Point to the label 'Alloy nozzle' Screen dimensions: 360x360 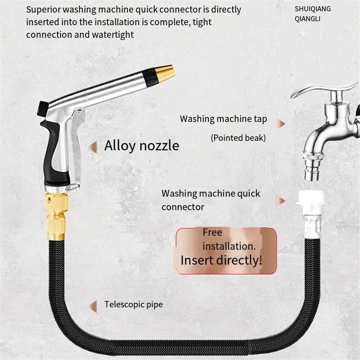click(142, 145)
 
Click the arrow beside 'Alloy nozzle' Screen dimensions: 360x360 click(93, 146)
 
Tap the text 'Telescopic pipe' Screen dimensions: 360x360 click(134, 305)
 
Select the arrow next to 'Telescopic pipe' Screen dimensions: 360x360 click(93, 306)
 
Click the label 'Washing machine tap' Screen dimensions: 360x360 click(223, 119)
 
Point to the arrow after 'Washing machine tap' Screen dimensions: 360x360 click(281, 124)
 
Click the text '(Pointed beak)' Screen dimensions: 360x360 click(238, 138)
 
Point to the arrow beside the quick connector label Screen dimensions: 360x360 click(281, 201)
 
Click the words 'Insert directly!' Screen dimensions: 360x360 click(221, 260)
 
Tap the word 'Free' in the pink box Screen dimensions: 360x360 click(212, 233)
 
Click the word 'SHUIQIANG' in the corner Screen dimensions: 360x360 click(313, 9)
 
